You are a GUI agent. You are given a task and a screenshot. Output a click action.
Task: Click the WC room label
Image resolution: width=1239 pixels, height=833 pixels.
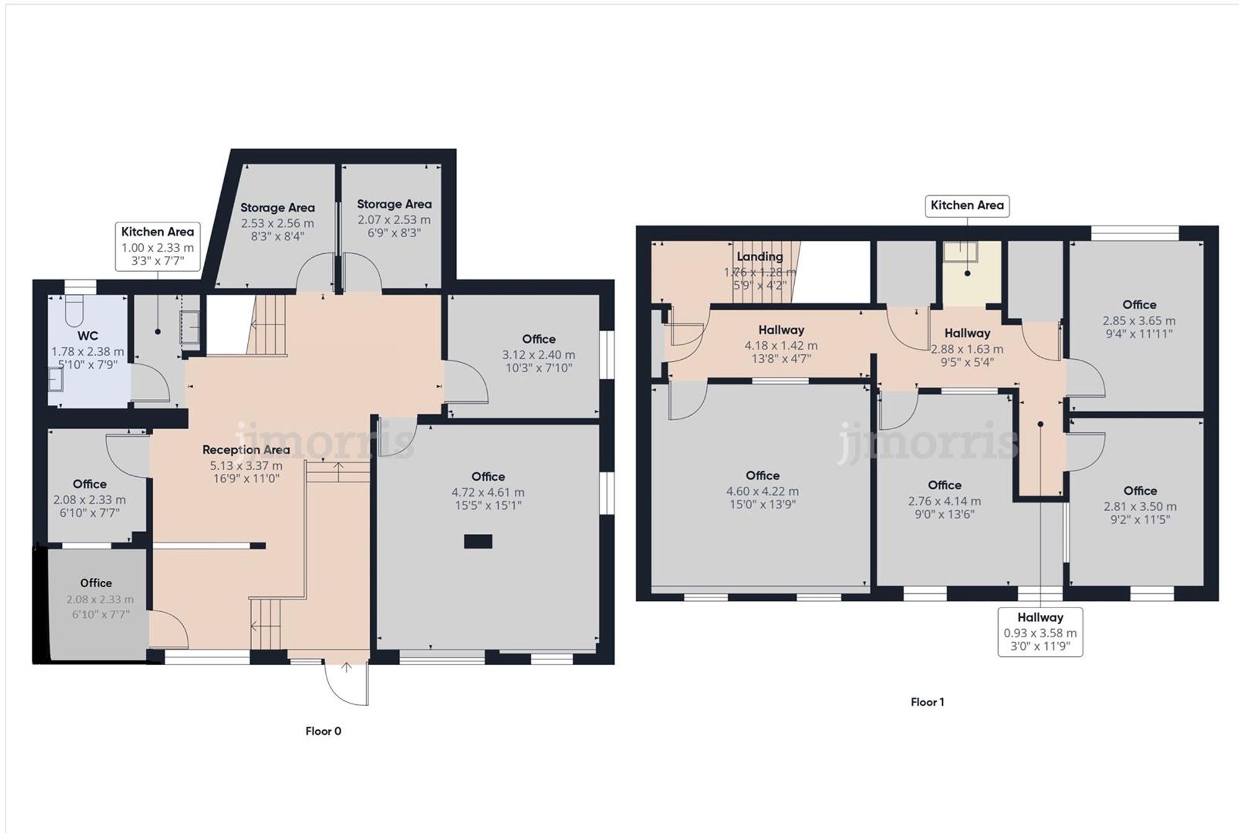87,336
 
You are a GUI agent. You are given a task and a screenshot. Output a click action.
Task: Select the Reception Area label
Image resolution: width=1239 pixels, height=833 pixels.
246,450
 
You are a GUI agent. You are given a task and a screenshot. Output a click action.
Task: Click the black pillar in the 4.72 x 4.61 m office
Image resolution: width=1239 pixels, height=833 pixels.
478,542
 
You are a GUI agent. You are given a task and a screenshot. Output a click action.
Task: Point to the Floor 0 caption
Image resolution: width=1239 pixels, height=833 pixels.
323,731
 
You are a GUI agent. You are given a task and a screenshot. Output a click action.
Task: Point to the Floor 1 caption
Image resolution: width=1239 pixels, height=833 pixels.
927,702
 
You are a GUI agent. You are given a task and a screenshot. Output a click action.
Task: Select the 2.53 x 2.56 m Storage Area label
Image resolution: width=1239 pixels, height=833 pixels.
277,208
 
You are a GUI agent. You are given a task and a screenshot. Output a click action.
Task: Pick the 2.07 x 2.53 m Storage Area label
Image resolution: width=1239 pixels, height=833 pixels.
394,204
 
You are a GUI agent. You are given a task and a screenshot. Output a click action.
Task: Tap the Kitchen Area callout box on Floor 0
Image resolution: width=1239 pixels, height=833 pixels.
157,246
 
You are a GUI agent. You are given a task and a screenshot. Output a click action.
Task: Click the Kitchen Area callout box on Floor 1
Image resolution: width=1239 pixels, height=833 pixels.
966,206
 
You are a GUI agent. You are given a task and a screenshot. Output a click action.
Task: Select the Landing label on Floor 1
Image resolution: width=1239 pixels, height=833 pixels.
760,256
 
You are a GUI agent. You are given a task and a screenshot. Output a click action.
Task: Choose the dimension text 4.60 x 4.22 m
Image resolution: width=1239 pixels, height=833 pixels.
762,491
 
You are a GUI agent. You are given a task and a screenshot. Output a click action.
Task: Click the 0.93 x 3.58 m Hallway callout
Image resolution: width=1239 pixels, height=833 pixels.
1040,632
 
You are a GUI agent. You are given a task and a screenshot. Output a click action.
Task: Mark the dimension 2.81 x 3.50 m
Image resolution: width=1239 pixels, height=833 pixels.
1140,507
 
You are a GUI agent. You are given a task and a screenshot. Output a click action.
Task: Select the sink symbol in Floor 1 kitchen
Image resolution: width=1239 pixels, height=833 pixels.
960,251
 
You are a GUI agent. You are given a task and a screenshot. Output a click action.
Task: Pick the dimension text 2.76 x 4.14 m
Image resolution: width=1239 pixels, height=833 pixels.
944,501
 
